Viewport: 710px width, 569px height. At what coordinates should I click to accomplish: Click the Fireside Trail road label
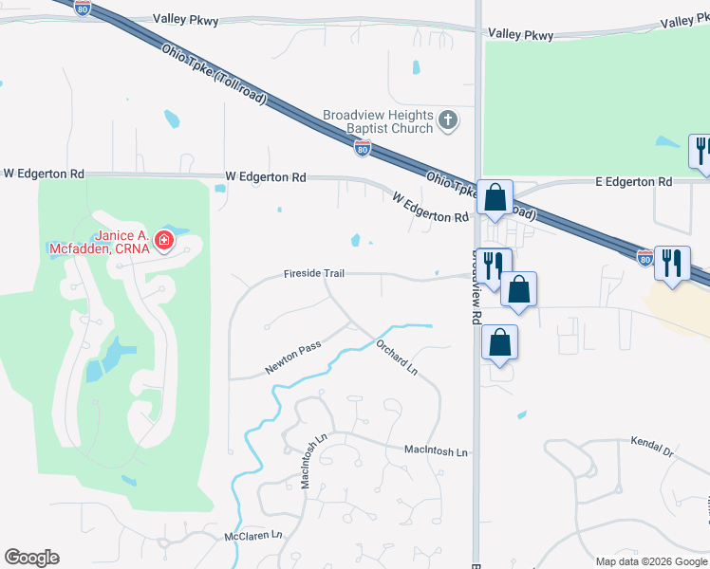click(312, 274)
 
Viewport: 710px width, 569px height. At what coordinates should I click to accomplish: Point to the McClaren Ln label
click(253, 536)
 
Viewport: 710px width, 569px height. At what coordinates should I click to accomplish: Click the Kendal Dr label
click(651, 448)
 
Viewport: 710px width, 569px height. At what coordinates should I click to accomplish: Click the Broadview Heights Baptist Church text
click(377, 120)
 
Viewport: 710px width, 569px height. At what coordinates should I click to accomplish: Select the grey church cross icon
click(449, 120)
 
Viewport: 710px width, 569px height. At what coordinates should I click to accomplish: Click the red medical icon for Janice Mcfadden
click(164, 241)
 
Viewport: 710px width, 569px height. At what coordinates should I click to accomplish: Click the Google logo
click(31, 558)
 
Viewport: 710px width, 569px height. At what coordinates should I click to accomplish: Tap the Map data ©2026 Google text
click(651, 561)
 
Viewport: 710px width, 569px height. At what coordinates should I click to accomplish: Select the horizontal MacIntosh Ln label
click(436, 452)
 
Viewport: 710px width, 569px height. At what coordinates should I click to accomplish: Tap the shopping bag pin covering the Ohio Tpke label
click(495, 198)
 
